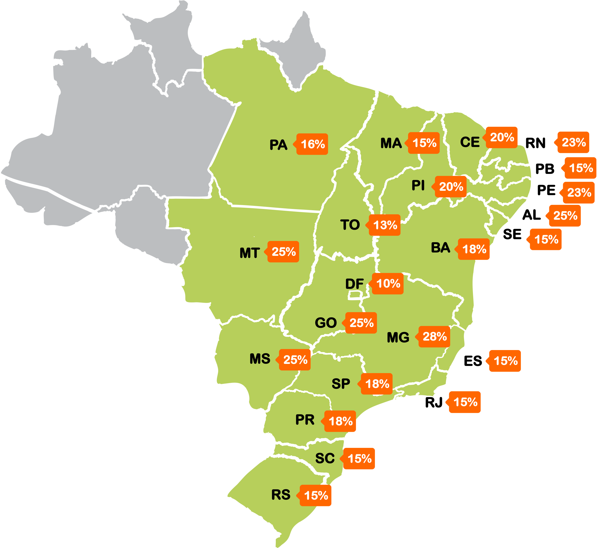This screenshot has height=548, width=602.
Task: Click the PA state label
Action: click(x=278, y=145)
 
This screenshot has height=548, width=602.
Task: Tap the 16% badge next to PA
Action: click(x=312, y=144)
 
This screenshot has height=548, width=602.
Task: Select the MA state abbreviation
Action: click(x=391, y=143)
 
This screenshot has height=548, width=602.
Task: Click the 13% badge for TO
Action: click(x=385, y=225)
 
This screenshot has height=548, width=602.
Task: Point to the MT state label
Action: click(x=250, y=253)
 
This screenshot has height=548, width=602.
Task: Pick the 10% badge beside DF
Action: click(x=388, y=283)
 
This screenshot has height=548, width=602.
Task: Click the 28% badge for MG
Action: click(x=434, y=336)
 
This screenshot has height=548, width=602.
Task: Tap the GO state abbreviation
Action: click(x=326, y=323)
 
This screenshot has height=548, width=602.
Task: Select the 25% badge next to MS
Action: click(x=295, y=360)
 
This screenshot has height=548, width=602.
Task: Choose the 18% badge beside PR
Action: click(x=340, y=421)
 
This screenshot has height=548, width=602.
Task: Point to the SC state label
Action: click(x=325, y=458)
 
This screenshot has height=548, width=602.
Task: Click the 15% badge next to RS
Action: click(x=316, y=496)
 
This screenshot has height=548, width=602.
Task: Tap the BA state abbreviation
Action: click(x=440, y=248)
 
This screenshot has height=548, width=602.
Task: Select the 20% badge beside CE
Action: click(x=502, y=137)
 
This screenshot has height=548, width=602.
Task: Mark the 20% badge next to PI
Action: click(x=451, y=187)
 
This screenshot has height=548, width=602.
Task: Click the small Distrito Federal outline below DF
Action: click(x=355, y=295)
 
